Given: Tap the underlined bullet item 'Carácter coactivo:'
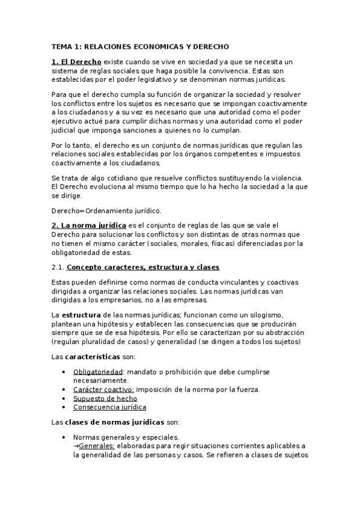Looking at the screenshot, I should tap(103, 389).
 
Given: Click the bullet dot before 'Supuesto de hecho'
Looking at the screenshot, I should tap(64, 398).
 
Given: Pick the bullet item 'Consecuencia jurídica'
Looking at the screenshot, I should tap(109, 407).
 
